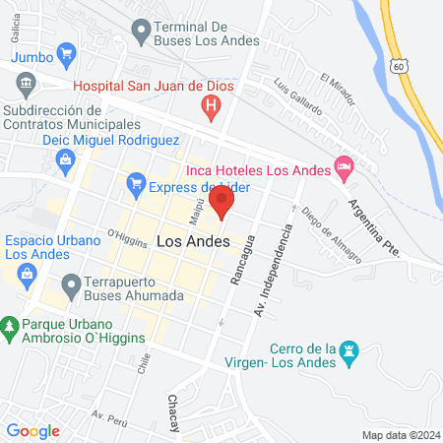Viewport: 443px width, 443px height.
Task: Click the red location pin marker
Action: pyautogui.click(x=223, y=204)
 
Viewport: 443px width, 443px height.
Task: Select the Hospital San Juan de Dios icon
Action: pyautogui.click(x=209, y=106)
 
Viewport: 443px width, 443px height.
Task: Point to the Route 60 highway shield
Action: pyautogui.click(x=398, y=65)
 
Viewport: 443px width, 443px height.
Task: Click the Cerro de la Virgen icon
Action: pyautogui.click(x=349, y=351)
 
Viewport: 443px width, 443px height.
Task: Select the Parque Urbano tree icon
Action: pyautogui.click(x=10, y=325)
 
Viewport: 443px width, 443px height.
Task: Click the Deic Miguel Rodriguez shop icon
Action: pyautogui.click(x=66, y=158)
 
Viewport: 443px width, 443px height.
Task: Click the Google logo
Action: pyautogui.click(x=32, y=430)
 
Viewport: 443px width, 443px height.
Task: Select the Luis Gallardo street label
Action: pyautogui.click(x=297, y=96)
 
